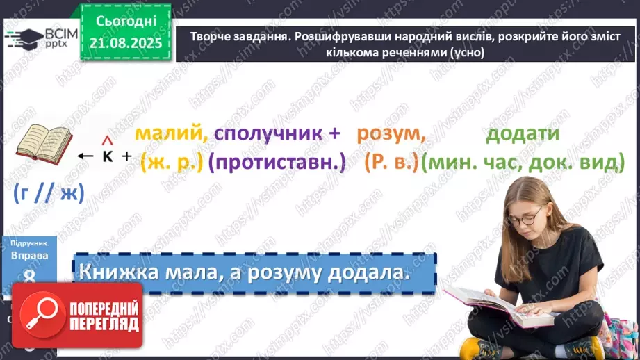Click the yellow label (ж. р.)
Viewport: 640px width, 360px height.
(170, 163)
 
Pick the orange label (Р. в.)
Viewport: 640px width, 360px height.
(391, 163)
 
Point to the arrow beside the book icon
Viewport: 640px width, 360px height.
(85, 156)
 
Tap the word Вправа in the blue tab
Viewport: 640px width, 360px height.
(29, 255)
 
